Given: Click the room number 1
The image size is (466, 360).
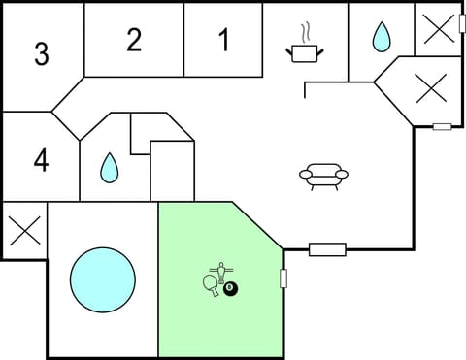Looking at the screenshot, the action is [224, 41].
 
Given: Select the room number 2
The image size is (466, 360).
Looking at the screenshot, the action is [134, 40].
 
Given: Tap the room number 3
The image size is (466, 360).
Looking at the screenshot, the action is [41, 54].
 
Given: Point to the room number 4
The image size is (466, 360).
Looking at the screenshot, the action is [41, 160].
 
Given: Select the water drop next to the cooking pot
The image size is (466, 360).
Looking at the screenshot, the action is [381, 38].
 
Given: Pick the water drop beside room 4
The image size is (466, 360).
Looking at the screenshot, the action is [108, 167].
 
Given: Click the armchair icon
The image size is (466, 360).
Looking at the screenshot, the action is [323, 175].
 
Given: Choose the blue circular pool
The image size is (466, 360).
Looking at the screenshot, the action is [102, 279].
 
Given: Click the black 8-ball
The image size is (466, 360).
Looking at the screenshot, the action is [230, 288].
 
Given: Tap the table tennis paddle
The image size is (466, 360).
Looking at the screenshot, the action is [212, 284].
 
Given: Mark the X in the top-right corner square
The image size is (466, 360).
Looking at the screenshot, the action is [438, 29].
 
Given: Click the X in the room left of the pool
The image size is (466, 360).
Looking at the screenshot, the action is [23, 231].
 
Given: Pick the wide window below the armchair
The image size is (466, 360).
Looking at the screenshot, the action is [327, 249].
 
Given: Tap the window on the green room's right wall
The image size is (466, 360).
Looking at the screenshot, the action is [283, 278].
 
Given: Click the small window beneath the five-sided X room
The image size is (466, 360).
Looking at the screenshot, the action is [442, 126].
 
